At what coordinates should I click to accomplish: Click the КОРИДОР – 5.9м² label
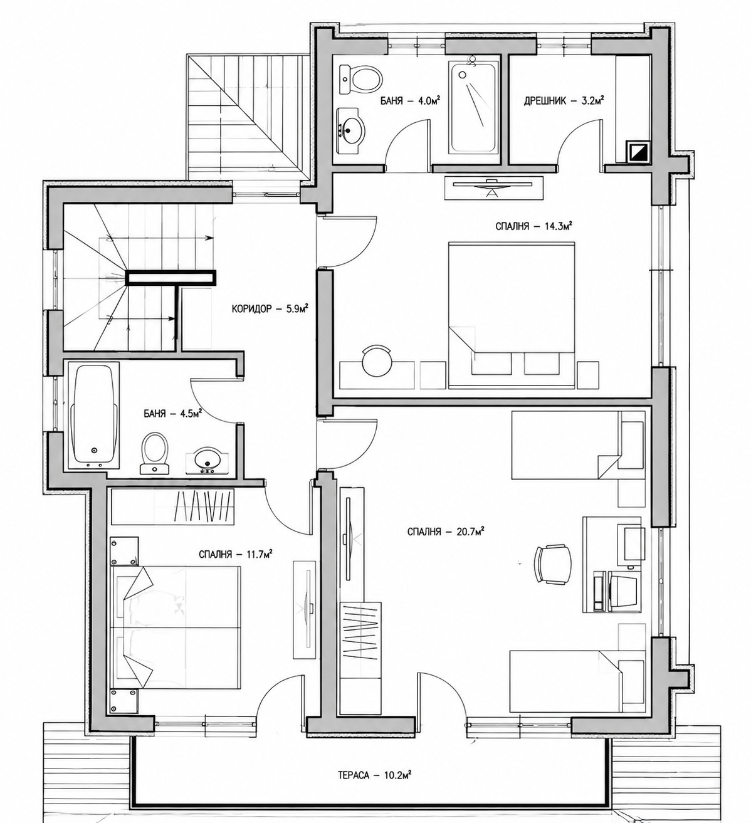(x=270, y=308)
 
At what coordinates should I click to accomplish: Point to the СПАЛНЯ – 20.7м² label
(x=445, y=532)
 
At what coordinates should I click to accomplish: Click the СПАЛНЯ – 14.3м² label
(x=533, y=226)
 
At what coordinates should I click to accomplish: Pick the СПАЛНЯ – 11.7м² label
(x=236, y=554)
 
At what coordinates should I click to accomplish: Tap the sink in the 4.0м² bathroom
(x=350, y=130)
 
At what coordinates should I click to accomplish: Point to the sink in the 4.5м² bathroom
(x=206, y=461)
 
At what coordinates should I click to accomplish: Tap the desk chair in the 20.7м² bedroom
(x=553, y=564)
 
